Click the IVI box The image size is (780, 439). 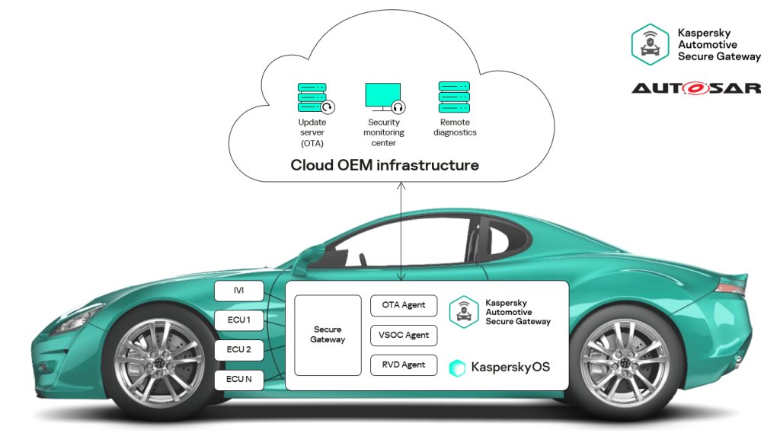point(239,291)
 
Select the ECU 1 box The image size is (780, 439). point(239,320)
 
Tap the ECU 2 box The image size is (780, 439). point(239,350)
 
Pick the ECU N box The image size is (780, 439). point(239,379)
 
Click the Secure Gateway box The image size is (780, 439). point(328,335)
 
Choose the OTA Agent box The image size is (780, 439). point(404,306)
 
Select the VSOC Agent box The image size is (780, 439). point(404,336)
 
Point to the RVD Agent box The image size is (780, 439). point(404,364)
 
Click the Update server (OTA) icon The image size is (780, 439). point(313,97)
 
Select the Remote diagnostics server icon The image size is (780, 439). point(454,97)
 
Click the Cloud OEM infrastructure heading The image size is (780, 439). point(385,165)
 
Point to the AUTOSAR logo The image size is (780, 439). point(696,88)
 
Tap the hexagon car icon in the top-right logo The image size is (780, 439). point(651,44)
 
